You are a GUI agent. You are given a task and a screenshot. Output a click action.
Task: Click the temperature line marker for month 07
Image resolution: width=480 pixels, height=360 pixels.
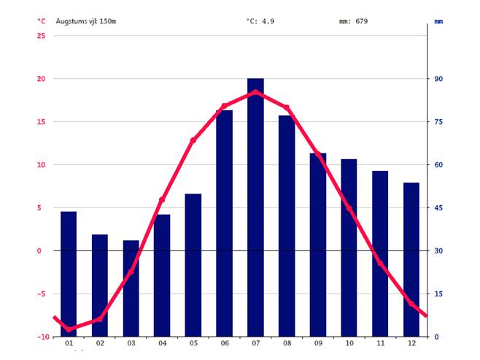point(255,92)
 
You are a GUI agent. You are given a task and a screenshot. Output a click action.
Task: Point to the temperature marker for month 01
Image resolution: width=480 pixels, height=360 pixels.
point(69,329)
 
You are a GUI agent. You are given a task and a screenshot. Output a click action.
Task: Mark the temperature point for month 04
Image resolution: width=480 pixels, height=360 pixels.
point(162,200)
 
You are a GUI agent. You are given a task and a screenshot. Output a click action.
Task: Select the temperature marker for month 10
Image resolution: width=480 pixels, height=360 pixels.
point(349,209)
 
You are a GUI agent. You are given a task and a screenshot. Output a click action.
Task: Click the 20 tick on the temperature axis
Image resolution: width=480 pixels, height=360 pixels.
point(41,79)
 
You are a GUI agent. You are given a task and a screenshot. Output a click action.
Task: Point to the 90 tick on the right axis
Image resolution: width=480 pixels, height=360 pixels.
point(439,79)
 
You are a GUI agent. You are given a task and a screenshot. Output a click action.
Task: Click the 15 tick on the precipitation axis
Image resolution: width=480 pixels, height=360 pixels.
point(439,294)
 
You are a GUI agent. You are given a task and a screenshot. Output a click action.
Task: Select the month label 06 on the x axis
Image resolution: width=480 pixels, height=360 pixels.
point(224,343)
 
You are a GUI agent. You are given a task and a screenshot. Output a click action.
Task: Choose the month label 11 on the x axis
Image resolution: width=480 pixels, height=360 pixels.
point(380,343)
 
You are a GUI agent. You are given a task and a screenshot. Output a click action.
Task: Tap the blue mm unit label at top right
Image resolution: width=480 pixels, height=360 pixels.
point(438,22)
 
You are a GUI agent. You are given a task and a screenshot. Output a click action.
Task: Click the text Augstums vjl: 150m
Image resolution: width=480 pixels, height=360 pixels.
point(86,21)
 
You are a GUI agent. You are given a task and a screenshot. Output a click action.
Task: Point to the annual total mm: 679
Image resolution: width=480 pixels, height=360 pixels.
point(353,21)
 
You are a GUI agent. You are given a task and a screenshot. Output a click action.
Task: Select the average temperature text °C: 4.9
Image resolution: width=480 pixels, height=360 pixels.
point(260,21)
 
